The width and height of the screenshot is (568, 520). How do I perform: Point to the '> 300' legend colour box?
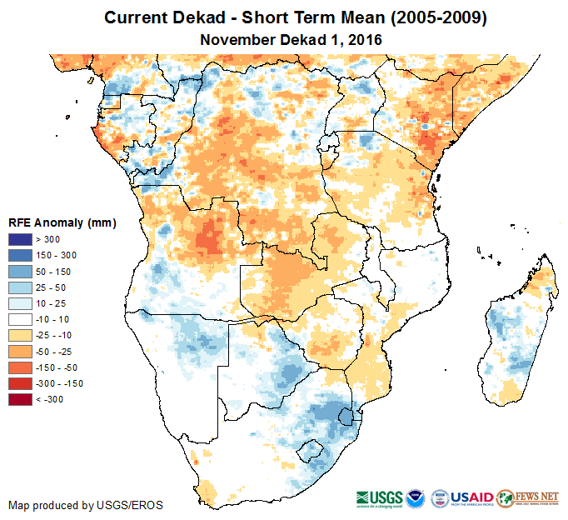tap(21, 240)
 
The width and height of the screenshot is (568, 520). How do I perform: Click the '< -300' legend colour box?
tap(21, 399)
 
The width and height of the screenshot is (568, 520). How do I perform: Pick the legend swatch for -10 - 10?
tap(21, 319)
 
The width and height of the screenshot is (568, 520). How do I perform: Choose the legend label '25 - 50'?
tap(49, 287)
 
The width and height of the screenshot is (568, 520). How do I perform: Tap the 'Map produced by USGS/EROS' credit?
tap(86, 505)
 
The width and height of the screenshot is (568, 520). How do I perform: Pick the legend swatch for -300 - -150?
tap(21, 383)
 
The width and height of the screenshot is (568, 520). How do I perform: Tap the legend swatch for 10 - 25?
tap(21, 303)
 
